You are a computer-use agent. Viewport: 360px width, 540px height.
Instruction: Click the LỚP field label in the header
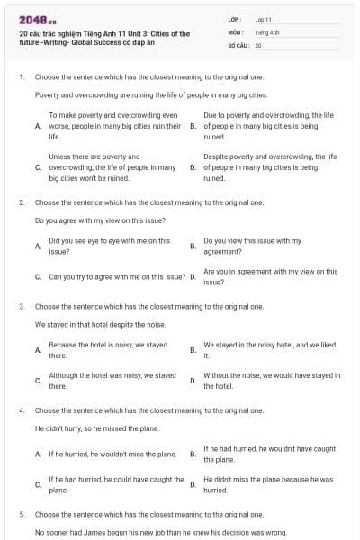coord(236,19)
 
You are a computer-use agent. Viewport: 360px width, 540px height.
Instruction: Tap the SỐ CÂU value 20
coord(258,44)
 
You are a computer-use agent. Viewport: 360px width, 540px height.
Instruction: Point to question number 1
coord(21,77)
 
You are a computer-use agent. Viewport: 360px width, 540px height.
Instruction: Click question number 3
coord(21,306)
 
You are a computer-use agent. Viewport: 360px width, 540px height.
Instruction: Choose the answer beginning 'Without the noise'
coord(271,380)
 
